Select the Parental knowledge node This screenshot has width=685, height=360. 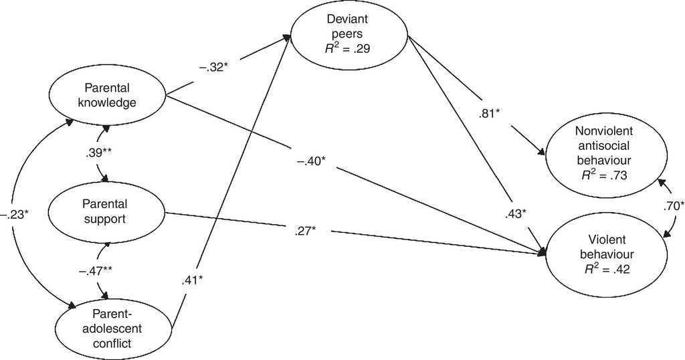(x=110, y=95)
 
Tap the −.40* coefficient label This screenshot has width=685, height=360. (x=308, y=163)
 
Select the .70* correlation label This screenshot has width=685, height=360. (x=673, y=207)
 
